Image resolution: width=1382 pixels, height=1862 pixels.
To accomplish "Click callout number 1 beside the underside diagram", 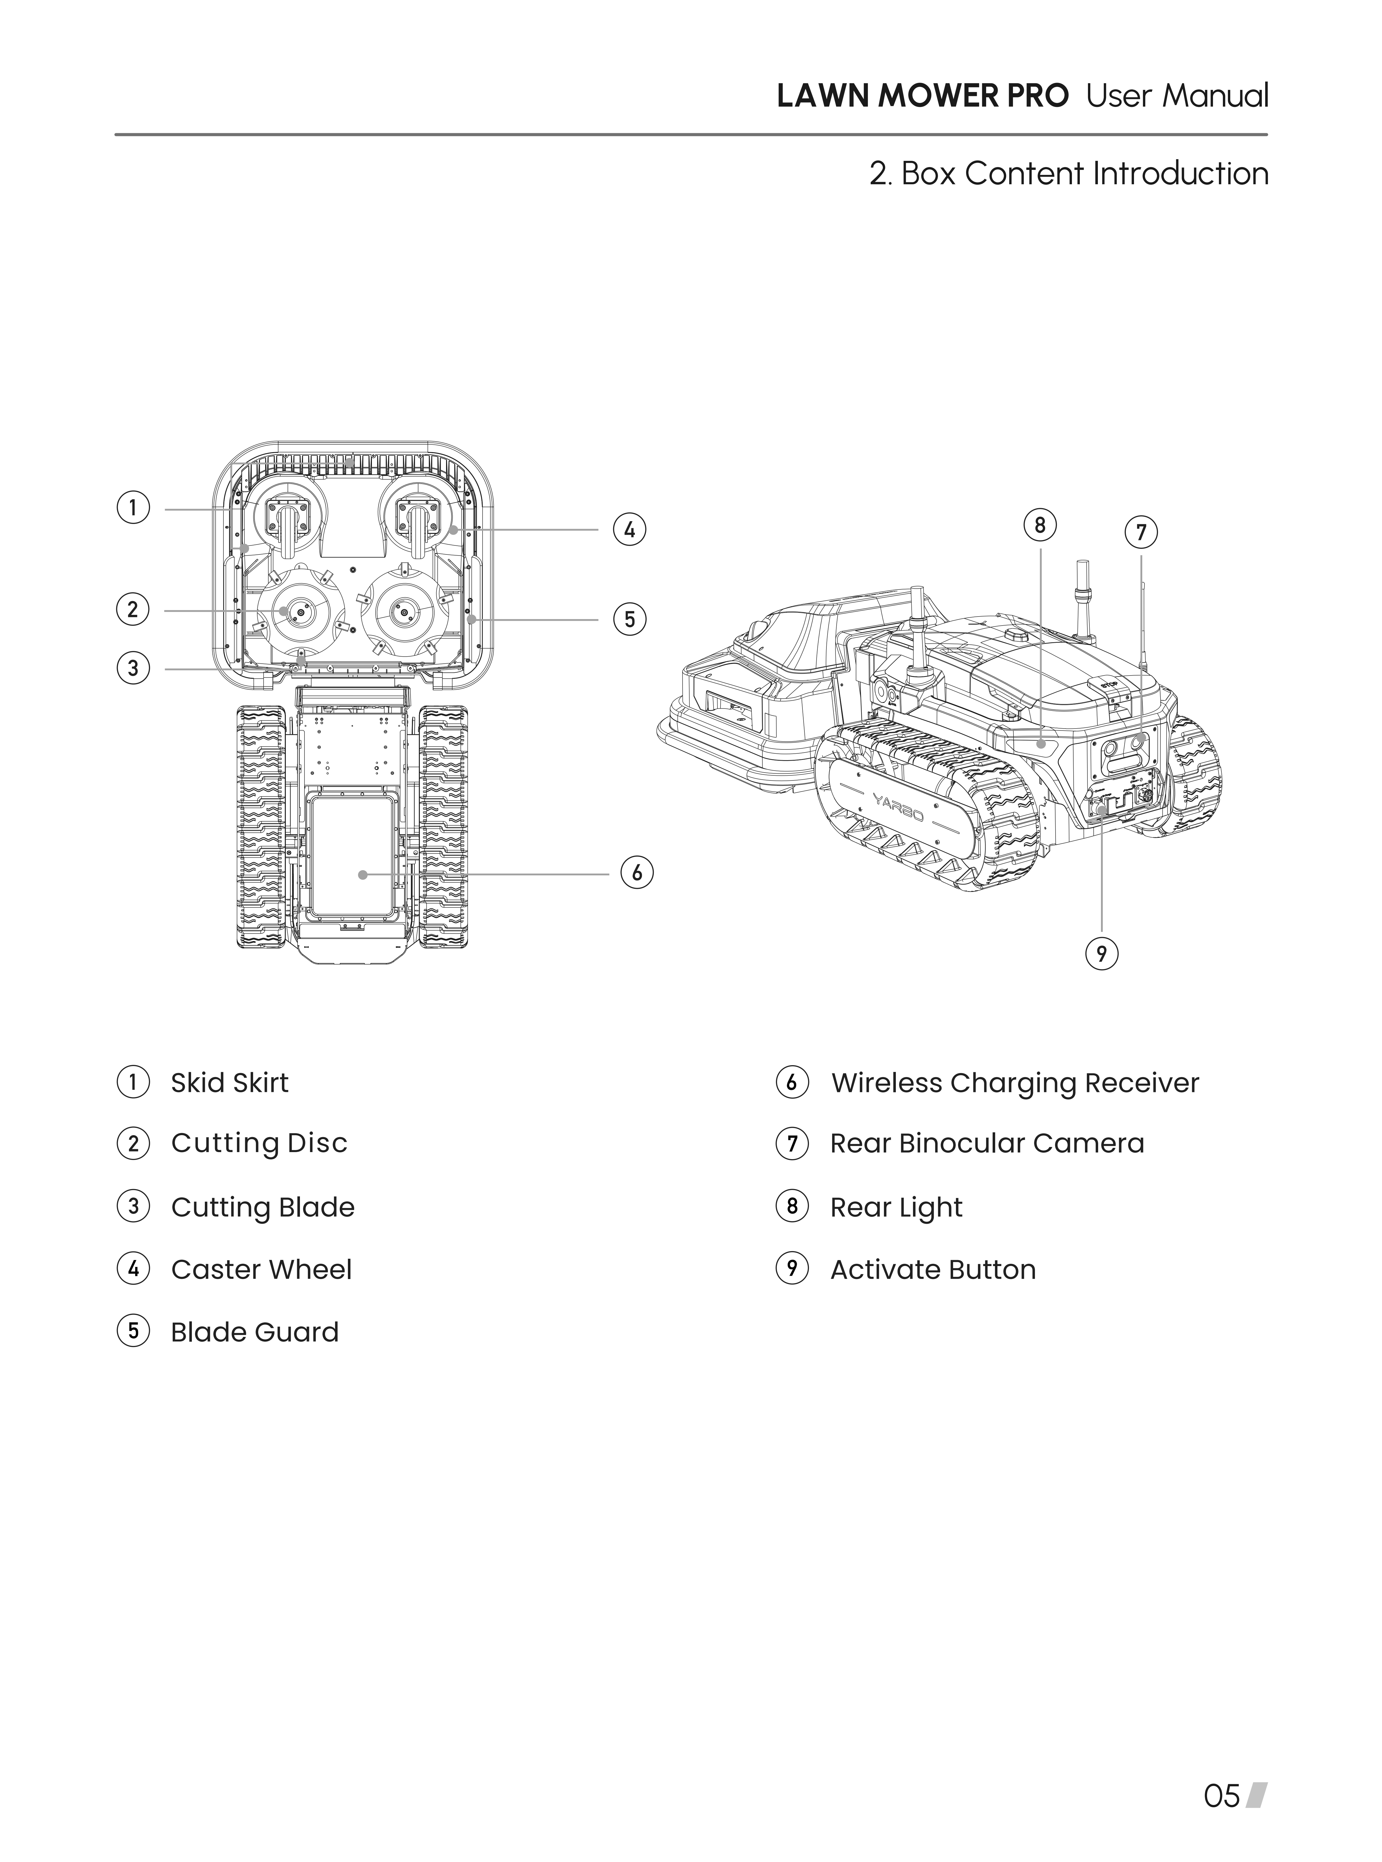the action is click(132, 508).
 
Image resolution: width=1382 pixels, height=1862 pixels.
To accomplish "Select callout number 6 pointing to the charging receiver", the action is click(637, 872).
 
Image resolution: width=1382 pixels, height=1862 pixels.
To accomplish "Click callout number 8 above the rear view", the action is click(1040, 525).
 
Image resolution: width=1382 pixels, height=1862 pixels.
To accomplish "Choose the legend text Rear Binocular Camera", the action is click(987, 1143).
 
